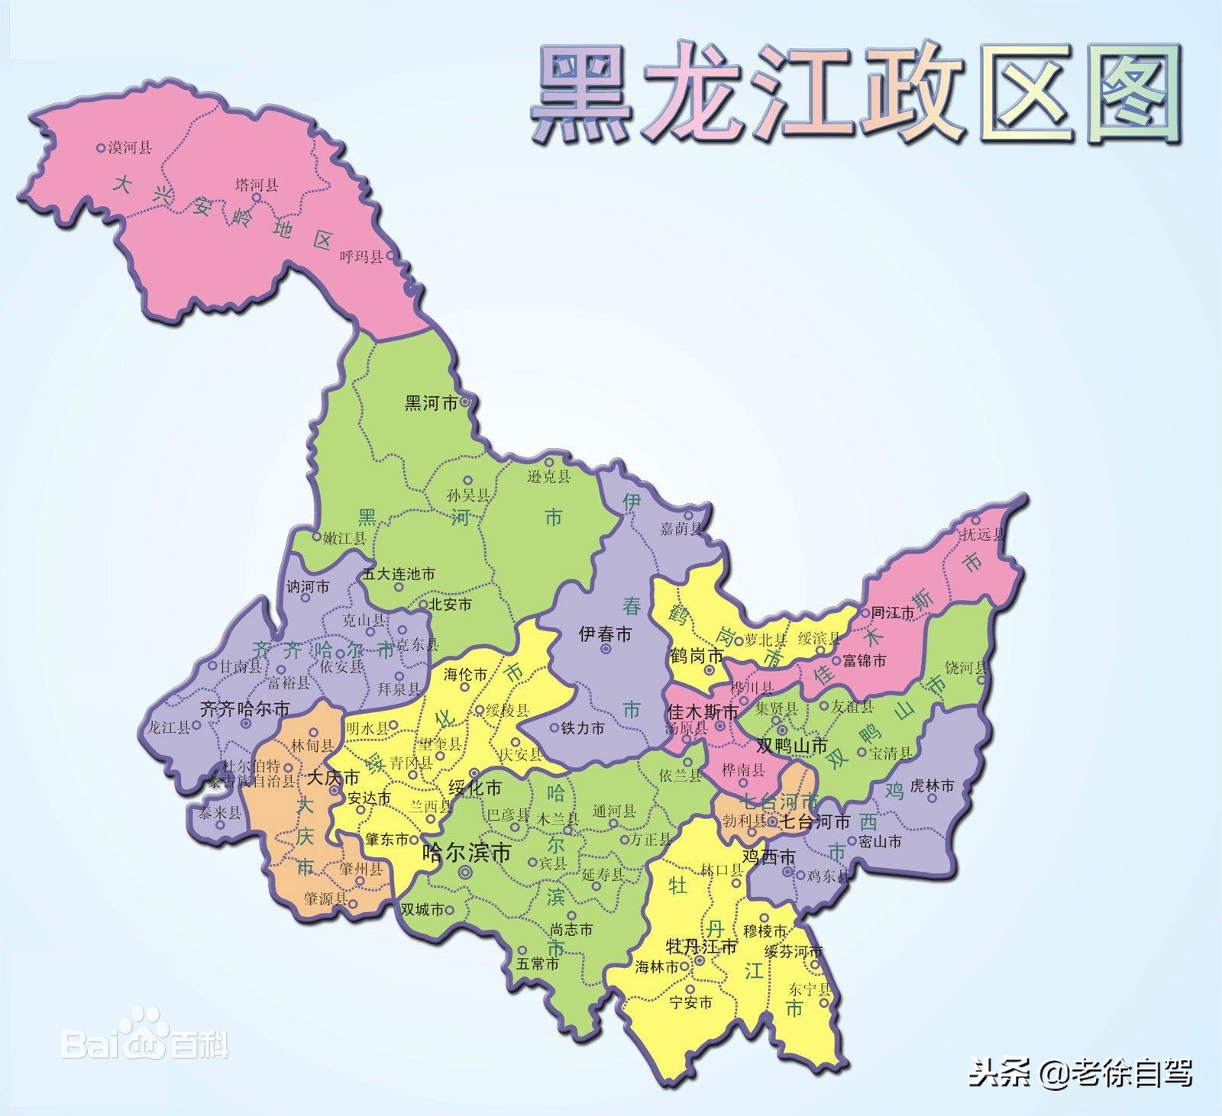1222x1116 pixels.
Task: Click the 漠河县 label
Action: [130, 148]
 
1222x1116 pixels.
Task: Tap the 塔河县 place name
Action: [256, 185]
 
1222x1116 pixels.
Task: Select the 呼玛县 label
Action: [360, 257]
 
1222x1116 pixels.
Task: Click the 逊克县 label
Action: [549, 477]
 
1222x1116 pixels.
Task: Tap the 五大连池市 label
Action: [399, 574]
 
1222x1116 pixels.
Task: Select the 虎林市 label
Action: [933, 785]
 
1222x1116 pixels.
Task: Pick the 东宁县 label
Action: [809, 989]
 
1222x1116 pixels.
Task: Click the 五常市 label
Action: [537, 964]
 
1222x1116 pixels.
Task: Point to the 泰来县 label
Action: [220, 814]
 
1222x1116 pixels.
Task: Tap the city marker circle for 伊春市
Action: [606, 649]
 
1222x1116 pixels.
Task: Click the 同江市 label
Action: [893, 613]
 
